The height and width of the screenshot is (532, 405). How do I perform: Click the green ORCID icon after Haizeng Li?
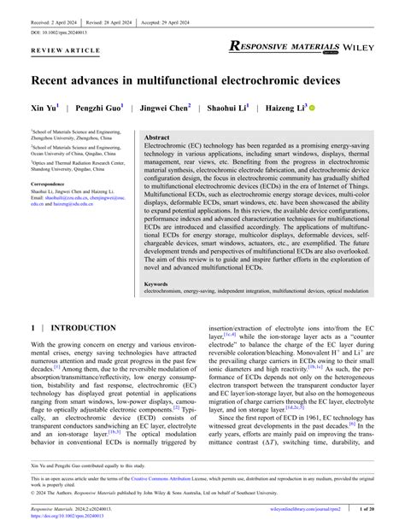click(x=311, y=109)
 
